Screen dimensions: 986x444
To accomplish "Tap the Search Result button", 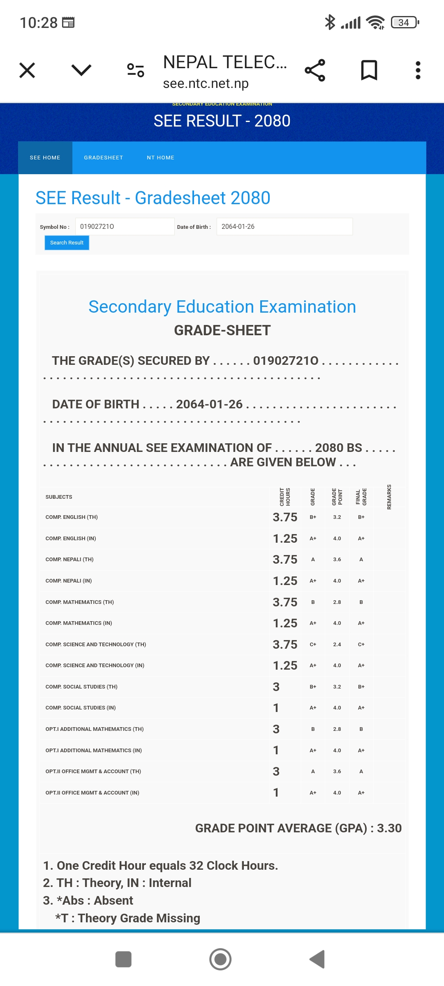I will tap(67, 243).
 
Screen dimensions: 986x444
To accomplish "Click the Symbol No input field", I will tap(125, 226).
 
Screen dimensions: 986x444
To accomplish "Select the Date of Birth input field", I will tap(284, 226).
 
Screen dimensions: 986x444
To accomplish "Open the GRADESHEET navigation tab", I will tap(103, 158).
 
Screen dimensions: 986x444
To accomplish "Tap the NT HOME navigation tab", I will tap(160, 158).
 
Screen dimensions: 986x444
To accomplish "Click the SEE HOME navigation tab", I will tap(45, 158).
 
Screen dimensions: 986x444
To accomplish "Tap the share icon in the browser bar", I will tap(315, 70).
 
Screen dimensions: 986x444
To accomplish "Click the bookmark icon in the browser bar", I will tap(369, 70).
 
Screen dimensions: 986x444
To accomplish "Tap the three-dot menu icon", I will tap(418, 70).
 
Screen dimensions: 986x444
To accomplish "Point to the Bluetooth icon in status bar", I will tap(330, 22).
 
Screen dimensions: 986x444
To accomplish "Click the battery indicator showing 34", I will tap(405, 22).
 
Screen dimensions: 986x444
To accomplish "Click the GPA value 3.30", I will tap(389, 828).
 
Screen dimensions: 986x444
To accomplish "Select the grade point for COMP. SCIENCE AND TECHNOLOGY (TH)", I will tap(337, 644).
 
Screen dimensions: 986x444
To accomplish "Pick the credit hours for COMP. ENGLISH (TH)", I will tap(285, 517).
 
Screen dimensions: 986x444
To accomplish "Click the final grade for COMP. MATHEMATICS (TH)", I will tap(361, 602).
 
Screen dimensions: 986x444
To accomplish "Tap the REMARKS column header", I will tap(389, 497).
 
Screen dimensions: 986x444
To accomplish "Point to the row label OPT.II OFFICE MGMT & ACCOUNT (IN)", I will tap(92, 792).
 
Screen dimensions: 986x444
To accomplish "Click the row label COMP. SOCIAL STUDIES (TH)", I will tap(81, 687).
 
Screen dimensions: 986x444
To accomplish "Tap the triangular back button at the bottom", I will tap(317, 959).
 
